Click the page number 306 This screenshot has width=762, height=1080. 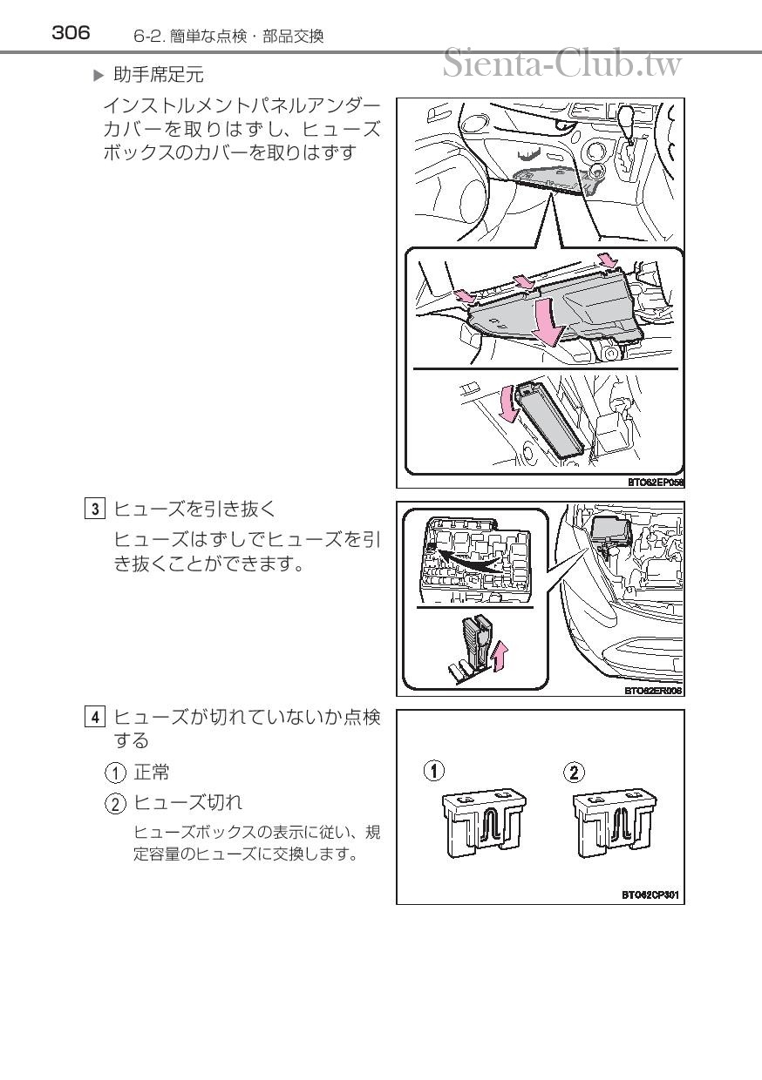click(71, 33)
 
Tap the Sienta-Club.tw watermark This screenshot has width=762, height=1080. click(561, 63)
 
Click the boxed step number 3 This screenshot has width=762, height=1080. click(96, 509)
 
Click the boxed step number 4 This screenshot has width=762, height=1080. click(96, 718)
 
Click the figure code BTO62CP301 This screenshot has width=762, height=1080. click(650, 894)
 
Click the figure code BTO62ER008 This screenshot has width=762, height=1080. click(652, 691)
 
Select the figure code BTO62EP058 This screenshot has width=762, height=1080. click(655, 481)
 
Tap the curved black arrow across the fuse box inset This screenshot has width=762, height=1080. click(471, 560)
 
